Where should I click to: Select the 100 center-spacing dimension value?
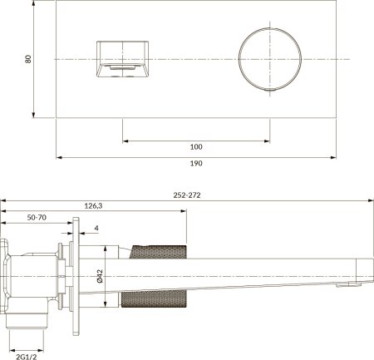[x=195, y=147]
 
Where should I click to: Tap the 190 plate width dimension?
[x=195, y=164]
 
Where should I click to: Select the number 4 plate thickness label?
[x=97, y=229]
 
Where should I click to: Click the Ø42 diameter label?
[x=97, y=275]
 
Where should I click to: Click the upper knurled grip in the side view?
[x=158, y=253]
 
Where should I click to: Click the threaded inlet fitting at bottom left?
[x=28, y=320]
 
